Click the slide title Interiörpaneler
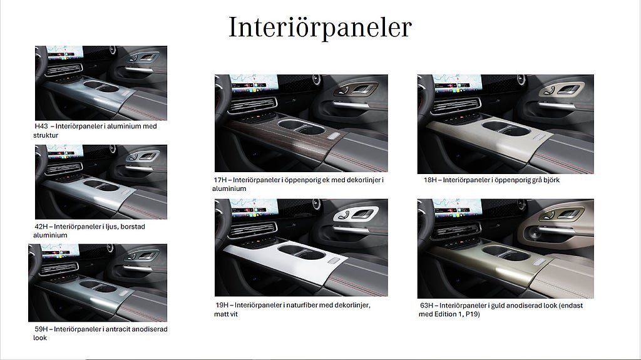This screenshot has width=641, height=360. tap(320, 28)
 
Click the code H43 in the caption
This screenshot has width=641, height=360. tap(41, 126)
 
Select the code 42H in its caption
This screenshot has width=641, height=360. tap(41, 226)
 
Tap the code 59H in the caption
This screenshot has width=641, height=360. tap(41, 329)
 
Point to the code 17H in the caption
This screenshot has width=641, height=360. tap(220, 180)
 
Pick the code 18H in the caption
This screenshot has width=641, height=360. tap(430, 180)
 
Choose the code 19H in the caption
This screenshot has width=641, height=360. tap(222, 305)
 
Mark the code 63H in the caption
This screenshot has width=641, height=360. tap(427, 305)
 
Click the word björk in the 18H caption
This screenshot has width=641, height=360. tap(551, 180)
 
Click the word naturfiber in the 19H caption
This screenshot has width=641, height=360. tap(302, 305)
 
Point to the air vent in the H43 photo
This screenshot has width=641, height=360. tap(64, 69)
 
